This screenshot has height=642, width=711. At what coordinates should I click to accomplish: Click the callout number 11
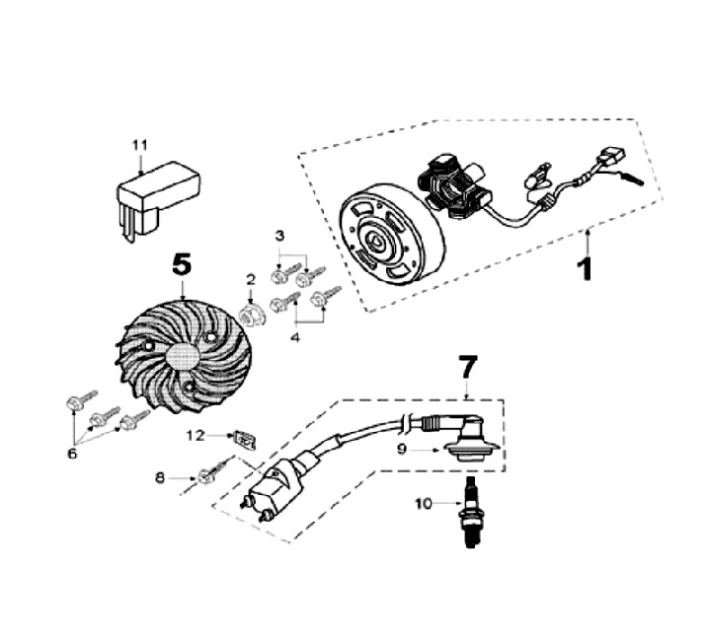140,146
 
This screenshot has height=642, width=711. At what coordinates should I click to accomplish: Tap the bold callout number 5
182,263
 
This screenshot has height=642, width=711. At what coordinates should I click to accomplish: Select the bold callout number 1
586,266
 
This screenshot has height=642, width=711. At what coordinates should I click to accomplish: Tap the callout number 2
251,279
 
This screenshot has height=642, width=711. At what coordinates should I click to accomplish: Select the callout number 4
292,338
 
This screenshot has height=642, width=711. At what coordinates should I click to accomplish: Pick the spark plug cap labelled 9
469,447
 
